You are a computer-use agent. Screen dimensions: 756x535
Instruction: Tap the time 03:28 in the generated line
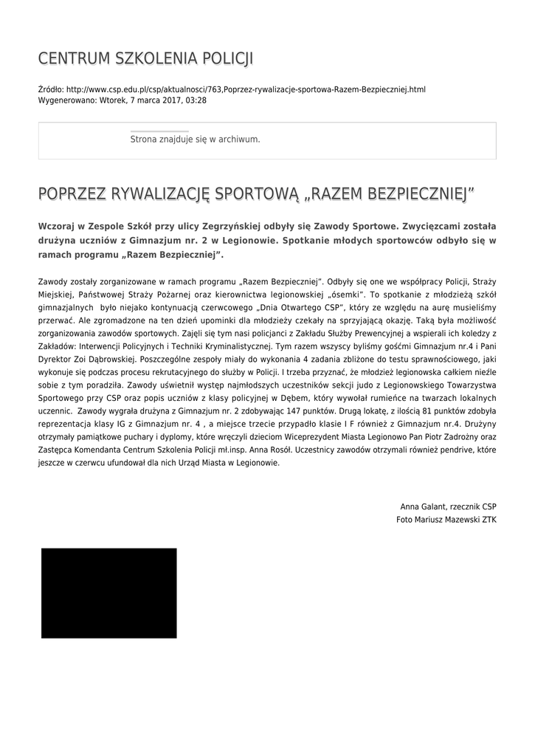coord(196,100)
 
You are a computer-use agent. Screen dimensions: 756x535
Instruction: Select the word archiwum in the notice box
coord(238,139)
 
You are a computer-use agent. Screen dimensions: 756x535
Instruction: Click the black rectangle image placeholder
coord(109,593)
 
